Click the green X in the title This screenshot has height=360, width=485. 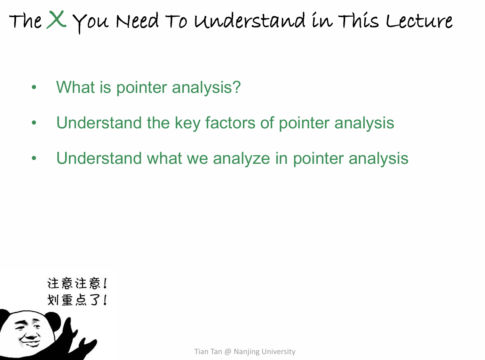56,19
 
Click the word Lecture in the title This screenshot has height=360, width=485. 419,21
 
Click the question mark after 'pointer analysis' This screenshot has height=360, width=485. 236,87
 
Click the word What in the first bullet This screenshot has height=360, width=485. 75,87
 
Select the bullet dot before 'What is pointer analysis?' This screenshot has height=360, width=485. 34,87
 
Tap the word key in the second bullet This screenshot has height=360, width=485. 188,123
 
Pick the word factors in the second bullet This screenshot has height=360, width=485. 230,122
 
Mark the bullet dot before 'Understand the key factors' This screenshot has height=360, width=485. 34,123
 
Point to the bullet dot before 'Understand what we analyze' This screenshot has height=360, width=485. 34,158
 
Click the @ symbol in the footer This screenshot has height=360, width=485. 228,352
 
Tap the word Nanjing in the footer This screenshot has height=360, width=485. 247,352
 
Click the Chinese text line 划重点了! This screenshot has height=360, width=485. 77,300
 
